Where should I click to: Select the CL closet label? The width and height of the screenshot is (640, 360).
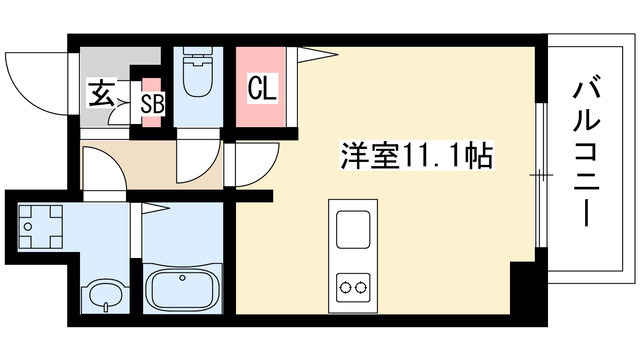[262, 89]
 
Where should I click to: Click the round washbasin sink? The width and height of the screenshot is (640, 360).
[101, 294]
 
